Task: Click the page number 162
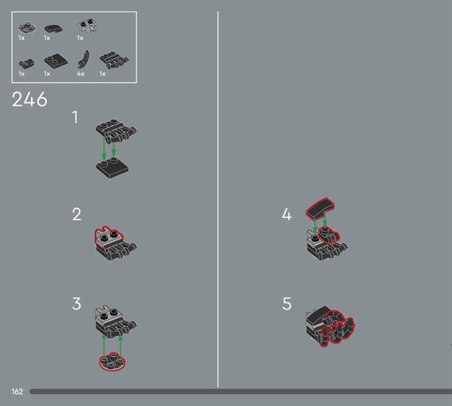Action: click(17, 392)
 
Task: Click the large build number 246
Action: click(29, 100)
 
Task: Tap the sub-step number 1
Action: click(75, 117)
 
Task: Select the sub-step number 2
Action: click(77, 214)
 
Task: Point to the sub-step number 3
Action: click(76, 304)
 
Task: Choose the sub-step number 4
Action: click(287, 214)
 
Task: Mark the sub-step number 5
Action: click(287, 304)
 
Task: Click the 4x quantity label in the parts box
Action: click(81, 74)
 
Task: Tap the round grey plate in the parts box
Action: click(27, 28)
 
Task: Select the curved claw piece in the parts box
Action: click(84, 59)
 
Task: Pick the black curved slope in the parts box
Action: click(53, 28)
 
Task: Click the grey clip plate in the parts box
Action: click(87, 25)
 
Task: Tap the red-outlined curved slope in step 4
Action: click(320, 208)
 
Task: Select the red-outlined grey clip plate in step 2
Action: click(108, 237)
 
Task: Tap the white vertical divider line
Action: click(218, 199)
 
